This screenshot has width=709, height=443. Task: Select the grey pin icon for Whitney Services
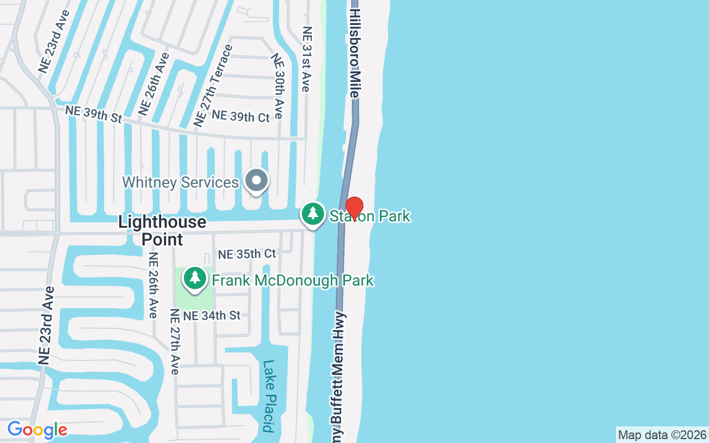tap(256, 181)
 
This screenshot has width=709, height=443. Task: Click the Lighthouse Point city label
tap(162, 230)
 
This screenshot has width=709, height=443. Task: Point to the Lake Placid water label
tap(269, 396)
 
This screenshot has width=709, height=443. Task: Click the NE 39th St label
tap(94, 114)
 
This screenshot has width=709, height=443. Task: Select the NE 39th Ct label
tap(240, 116)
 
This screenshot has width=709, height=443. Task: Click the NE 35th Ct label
tap(246, 254)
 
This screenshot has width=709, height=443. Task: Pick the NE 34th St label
tap(212, 315)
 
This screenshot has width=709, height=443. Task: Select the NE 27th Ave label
tap(174, 342)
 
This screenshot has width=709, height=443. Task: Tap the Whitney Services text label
tap(180, 182)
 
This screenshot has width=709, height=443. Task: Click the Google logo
tap(37, 430)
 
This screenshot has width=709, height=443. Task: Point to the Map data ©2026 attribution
tap(662, 435)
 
